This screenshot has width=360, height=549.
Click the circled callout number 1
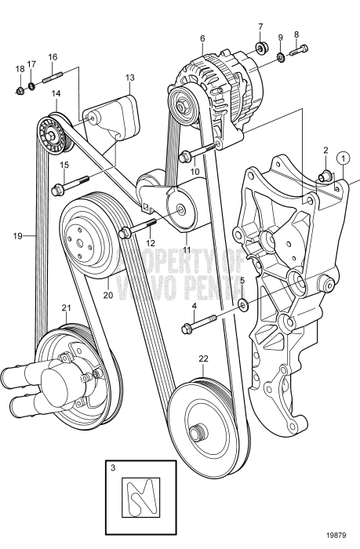[342, 157]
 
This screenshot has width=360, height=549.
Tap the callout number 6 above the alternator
[202, 38]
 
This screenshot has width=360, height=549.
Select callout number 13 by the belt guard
[129, 78]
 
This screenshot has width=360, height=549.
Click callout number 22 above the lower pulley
[203, 359]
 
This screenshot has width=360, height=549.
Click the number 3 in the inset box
[114, 468]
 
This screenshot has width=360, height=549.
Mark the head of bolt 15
[57, 189]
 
